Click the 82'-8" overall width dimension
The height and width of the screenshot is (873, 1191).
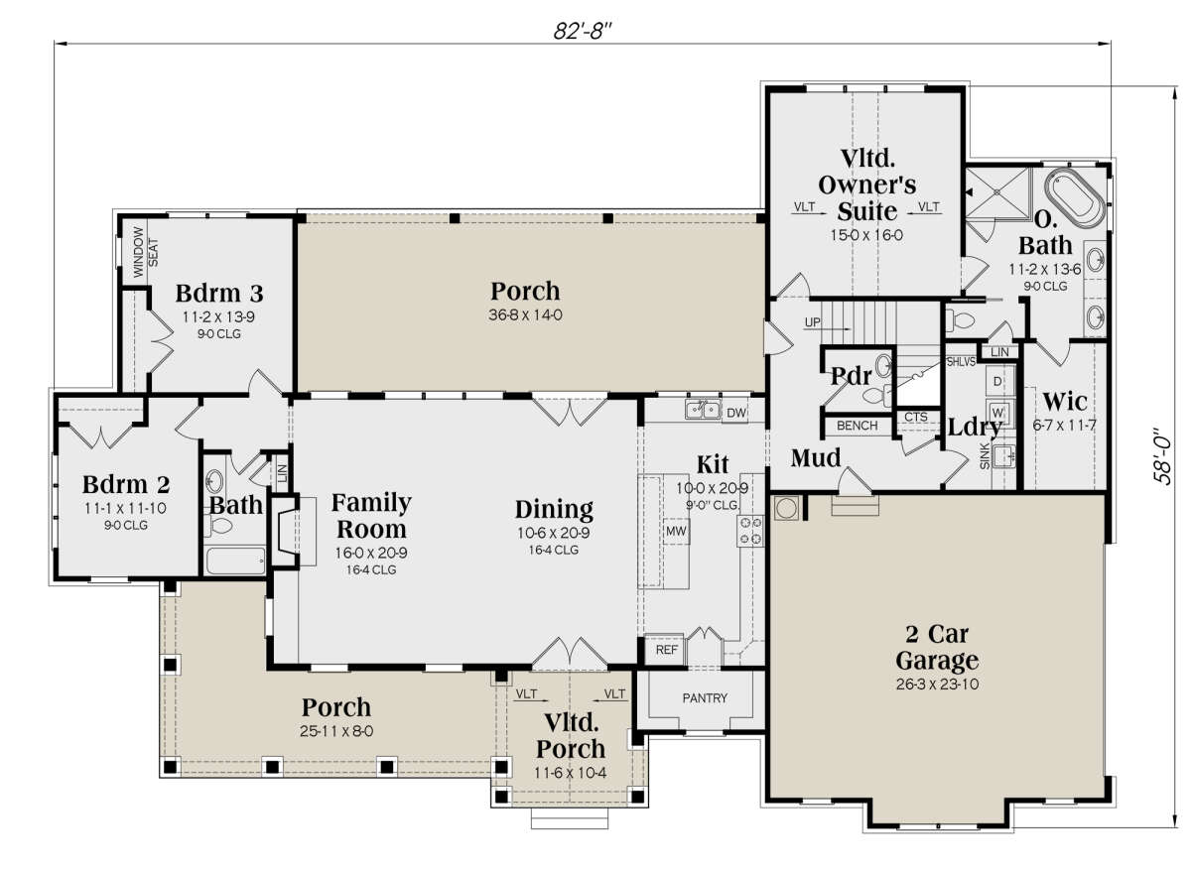(583, 32)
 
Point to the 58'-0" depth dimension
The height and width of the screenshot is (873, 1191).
(1163, 456)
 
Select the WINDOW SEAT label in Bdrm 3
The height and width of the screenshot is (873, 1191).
(145, 252)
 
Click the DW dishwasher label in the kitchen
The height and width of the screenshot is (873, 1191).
(735, 413)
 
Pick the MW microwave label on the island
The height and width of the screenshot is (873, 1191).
(676, 531)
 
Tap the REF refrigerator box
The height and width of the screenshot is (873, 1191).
(665, 650)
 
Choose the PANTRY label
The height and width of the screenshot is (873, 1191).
(705, 698)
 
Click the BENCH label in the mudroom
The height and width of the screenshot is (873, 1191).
(857, 426)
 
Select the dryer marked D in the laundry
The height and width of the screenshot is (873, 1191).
(997, 381)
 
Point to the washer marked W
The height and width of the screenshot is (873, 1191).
(997, 413)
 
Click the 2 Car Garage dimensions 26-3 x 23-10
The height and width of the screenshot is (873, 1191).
(937, 684)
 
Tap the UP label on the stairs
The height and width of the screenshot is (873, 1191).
(813, 322)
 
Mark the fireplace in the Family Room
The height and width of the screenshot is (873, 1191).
(285, 532)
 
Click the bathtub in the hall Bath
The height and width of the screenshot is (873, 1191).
(235, 561)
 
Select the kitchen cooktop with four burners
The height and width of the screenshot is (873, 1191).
(750, 531)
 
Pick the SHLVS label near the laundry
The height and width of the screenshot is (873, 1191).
(961, 362)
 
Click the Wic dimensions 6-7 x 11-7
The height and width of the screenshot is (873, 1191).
(1064, 425)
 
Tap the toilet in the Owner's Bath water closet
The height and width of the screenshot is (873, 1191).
(961, 319)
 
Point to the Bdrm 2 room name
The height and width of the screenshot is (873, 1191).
(126, 484)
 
